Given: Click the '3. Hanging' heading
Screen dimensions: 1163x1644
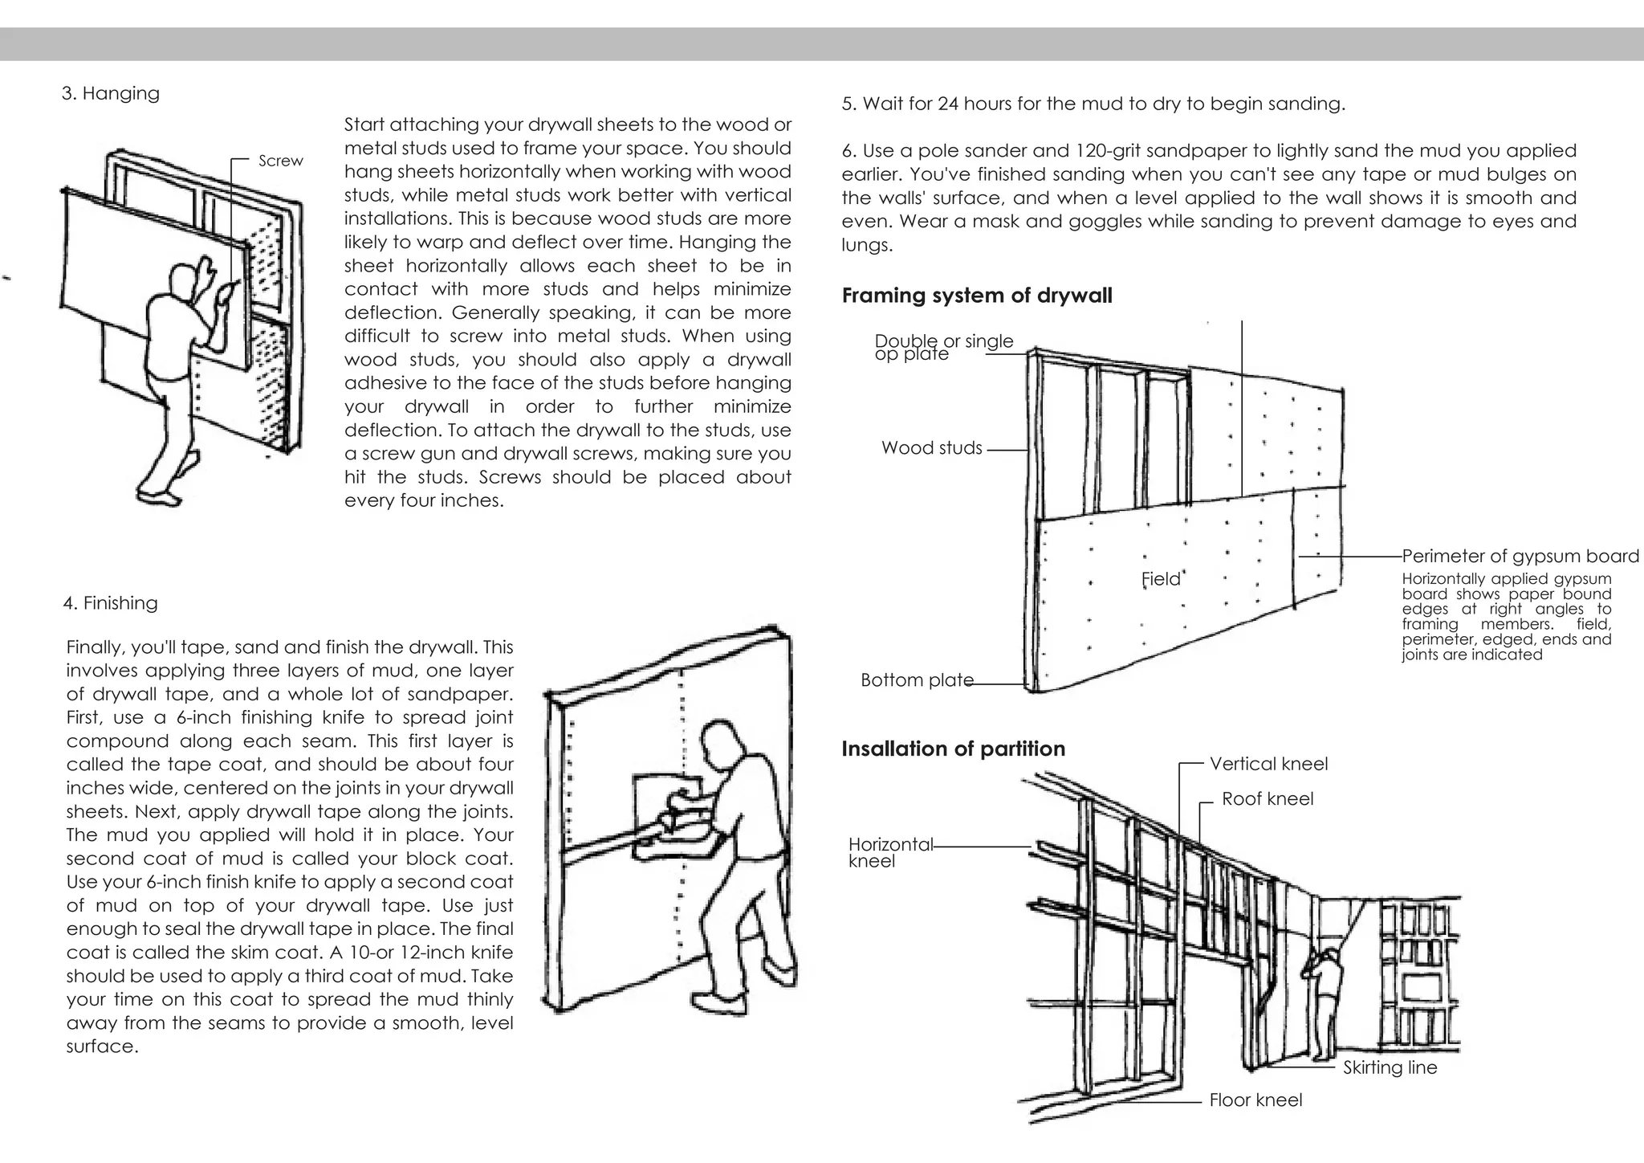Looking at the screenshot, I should pos(111,93).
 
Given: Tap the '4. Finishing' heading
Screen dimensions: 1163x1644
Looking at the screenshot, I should pos(111,603).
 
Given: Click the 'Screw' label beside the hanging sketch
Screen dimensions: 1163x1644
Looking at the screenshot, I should pos(281,161).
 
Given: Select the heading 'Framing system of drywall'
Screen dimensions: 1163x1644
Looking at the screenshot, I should pos(977,296).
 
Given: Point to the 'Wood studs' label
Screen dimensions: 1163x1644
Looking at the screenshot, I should pos(931,448).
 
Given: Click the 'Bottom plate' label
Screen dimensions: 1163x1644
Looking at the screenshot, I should pos(917,680).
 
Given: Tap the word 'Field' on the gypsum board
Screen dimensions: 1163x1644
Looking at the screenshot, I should pos(1161,579).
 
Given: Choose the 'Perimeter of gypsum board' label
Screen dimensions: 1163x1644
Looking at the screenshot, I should pos(1520,557).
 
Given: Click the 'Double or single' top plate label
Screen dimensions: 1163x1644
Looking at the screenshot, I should pos(944,342).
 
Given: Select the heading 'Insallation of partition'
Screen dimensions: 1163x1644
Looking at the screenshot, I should pos(953,749).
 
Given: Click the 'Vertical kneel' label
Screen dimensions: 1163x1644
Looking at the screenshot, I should pos(1268,764).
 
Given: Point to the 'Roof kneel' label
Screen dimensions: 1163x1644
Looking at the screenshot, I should pos(1268,799).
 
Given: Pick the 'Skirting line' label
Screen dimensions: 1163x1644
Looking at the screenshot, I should pos(1390,1067).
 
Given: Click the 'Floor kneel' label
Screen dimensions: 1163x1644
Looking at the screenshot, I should pos(1255,1100).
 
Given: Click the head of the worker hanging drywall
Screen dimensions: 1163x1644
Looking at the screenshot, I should pos(182,281).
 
